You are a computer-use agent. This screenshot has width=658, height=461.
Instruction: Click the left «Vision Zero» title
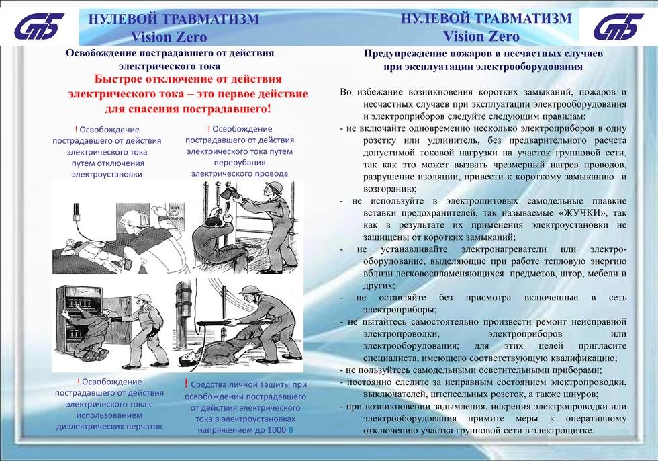point(169,37)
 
